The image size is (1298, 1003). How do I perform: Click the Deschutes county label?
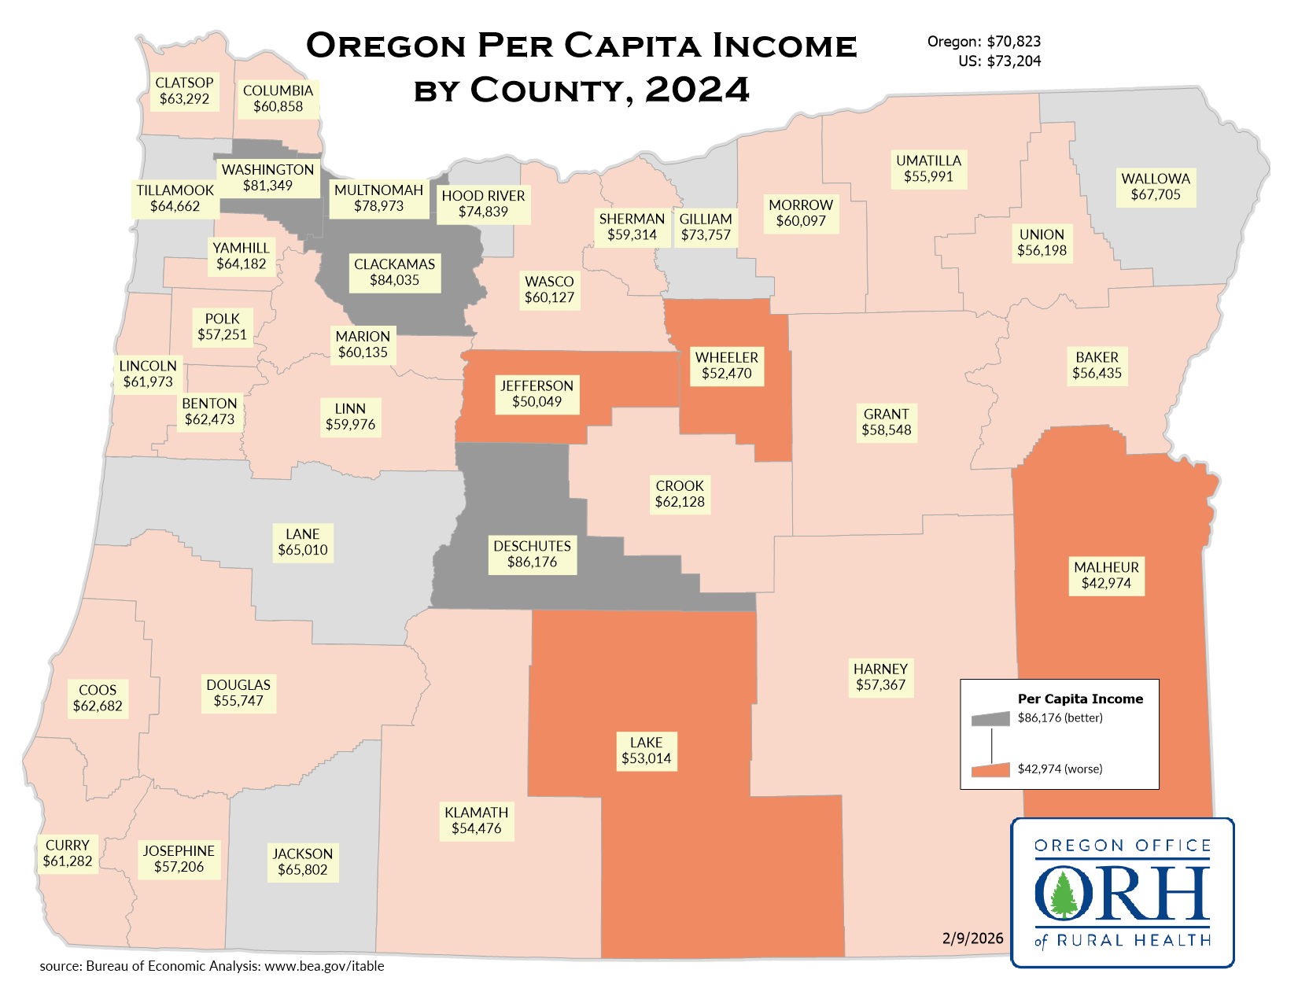point(532,554)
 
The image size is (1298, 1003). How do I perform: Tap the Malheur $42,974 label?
point(1106,575)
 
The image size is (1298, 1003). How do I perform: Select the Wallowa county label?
point(1156,186)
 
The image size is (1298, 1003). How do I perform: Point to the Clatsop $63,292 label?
point(184,90)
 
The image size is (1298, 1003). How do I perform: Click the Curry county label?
point(68,853)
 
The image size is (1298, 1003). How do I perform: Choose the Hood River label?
point(483,203)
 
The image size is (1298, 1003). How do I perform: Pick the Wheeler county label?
point(727,365)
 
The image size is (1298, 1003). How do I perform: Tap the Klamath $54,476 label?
point(476,820)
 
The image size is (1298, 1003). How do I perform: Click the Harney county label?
point(880,677)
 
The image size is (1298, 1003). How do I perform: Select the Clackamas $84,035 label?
point(394,272)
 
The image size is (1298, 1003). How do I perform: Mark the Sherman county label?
point(632,227)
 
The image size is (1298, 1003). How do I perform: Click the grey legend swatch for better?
point(990,719)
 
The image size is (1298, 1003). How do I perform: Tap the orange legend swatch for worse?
point(990,770)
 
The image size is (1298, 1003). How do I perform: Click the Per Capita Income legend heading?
point(1080,699)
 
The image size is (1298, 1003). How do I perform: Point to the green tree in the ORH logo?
point(1064,894)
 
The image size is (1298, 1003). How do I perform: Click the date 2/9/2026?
point(972,938)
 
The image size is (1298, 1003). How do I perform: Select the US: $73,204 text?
point(999,61)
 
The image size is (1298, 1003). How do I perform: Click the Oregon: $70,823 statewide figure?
point(983,42)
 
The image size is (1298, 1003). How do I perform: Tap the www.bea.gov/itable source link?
point(324,966)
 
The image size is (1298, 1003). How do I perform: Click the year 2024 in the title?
point(697,90)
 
